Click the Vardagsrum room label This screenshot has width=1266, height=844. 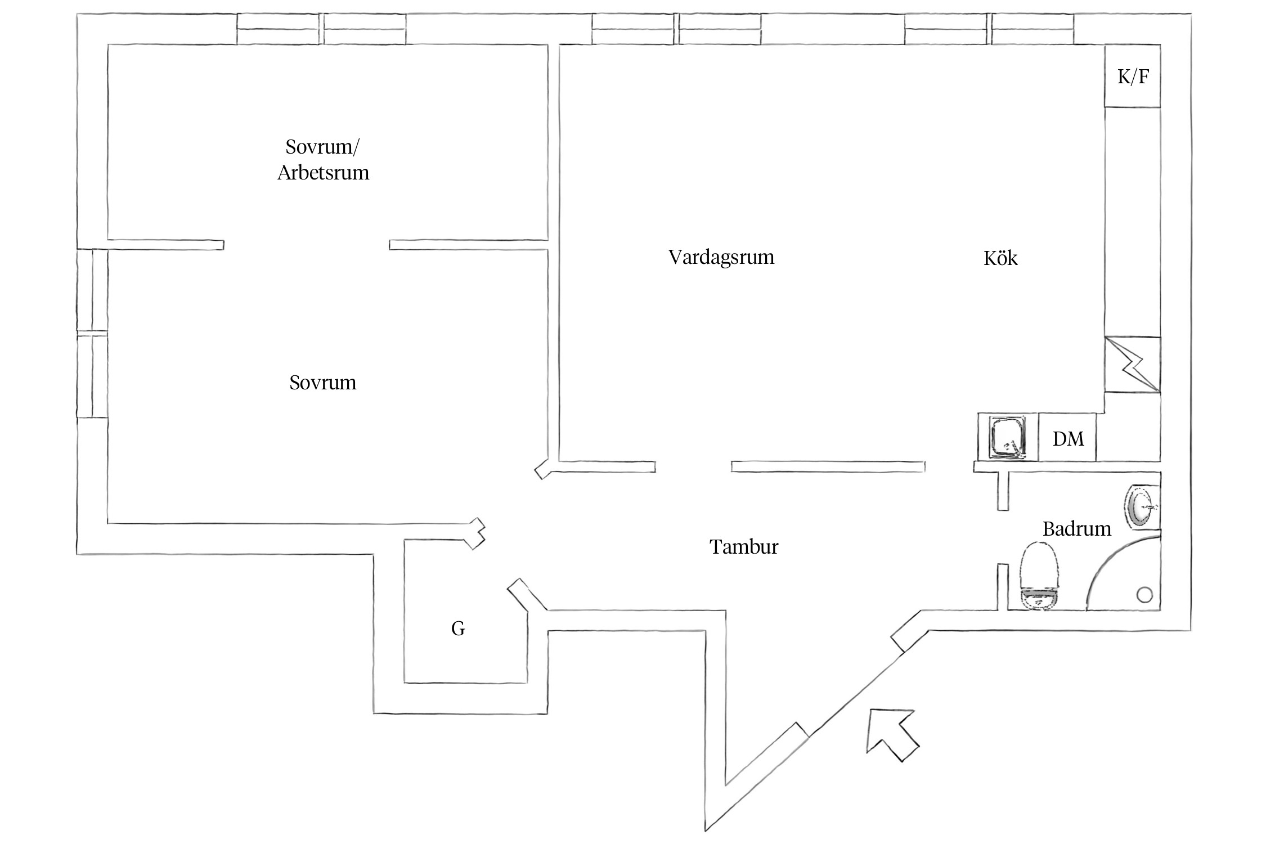pyautogui.click(x=721, y=258)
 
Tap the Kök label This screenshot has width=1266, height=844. pyautogui.click(x=1000, y=258)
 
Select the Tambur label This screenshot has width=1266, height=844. pyautogui.click(x=743, y=547)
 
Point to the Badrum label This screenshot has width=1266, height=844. pyautogui.click(x=1076, y=529)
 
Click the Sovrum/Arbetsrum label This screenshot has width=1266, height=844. pyautogui.click(x=323, y=160)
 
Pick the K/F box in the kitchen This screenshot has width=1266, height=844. pyautogui.click(x=1132, y=77)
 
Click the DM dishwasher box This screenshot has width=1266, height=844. pyautogui.click(x=1067, y=439)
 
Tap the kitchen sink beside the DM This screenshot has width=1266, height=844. pyautogui.click(x=1007, y=437)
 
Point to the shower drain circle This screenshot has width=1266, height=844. pyautogui.click(x=1144, y=594)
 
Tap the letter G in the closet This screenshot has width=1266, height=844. pyautogui.click(x=458, y=628)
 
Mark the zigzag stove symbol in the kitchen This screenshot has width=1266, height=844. pyautogui.click(x=1132, y=365)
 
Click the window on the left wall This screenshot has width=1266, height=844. pyautogui.click(x=92, y=334)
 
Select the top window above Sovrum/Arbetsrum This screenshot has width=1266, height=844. pyautogui.click(x=321, y=29)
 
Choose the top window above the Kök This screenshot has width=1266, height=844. pyautogui.click(x=989, y=29)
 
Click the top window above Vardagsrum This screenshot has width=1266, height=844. pyautogui.click(x=676, y=29)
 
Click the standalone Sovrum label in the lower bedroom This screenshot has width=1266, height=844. pyautogui.click(x=322, y=383)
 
